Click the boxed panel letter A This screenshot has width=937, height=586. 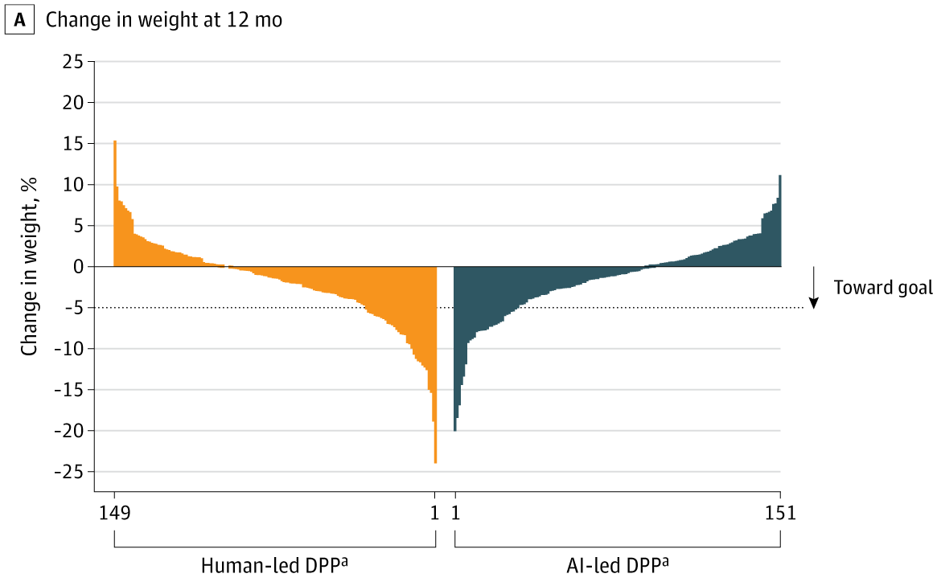[19, 21]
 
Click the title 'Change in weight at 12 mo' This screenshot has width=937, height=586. [164, 21]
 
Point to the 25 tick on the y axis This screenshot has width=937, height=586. [72, 61]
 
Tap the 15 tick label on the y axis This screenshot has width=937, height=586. [72, 143]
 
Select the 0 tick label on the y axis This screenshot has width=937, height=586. [78, 266]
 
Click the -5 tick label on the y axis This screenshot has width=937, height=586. [72, 307]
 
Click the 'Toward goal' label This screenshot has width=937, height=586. [883, 287]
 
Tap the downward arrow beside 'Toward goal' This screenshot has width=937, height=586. [814, 289]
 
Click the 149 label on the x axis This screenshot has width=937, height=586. [114, 511]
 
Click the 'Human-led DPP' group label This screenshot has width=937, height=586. [275, 566]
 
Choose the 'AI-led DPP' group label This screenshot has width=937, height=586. [617, 566]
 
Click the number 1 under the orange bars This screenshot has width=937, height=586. [435, 511]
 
